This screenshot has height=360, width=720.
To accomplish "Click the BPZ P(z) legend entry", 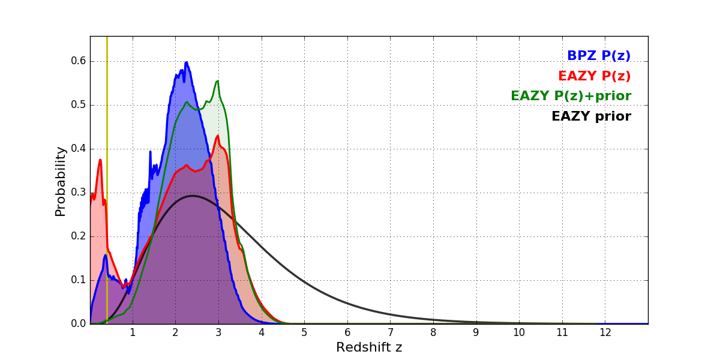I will (598, 56).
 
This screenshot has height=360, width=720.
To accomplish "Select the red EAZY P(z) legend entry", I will (594, 76).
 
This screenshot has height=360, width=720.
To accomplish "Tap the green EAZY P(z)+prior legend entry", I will (571, 96).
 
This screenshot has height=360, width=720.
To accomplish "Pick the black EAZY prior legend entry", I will (591, 116).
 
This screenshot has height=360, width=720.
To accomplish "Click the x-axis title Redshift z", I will (369, 347).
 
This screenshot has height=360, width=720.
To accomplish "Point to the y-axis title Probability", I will (61, 181).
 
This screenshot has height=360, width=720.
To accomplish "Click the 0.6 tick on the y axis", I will (79, 61).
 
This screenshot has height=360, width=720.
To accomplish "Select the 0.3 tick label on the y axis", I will (79, 193).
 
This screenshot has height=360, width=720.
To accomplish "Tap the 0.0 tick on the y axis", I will (79, 324).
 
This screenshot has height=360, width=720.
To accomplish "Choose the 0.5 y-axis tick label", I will (79, 105).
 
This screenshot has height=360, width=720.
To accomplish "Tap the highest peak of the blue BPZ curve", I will (187, 62).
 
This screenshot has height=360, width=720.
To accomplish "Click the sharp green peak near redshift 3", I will (217, 81).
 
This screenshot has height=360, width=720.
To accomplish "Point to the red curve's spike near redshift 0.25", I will (100, 160).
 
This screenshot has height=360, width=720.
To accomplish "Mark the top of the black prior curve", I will (192, 196).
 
